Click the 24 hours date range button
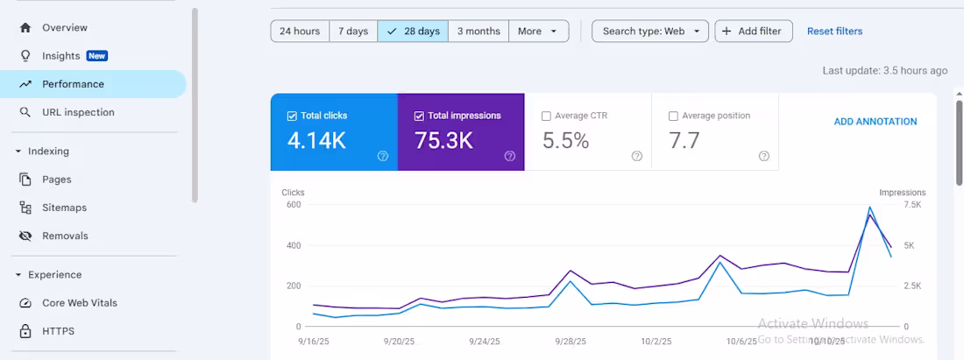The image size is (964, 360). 300,32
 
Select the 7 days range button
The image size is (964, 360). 353,32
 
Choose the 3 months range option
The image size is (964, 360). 478,32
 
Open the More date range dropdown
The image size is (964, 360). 538,32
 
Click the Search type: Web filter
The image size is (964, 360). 650,32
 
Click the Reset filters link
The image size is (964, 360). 834,32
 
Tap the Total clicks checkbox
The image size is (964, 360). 292,116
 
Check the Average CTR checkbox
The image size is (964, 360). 547,116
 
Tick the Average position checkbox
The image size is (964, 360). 673,116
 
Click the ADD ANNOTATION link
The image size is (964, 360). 875,122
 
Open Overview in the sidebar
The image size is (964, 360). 65,28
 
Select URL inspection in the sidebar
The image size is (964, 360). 78,112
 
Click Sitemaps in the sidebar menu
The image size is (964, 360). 64,208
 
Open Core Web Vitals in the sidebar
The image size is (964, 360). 79,303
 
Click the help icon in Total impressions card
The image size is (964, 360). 509,156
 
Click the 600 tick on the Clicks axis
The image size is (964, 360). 294,204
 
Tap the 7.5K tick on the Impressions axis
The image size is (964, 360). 911,204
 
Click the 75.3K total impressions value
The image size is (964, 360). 443,140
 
